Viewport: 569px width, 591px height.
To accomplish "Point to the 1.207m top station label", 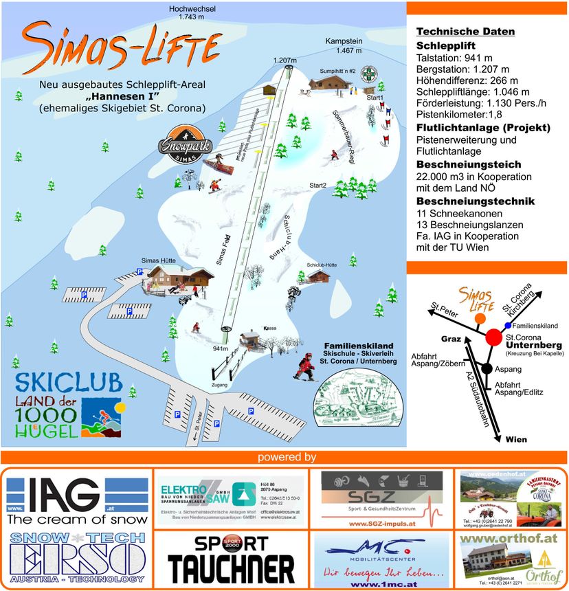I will (284, 60).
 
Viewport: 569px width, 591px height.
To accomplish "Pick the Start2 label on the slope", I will (317, 186).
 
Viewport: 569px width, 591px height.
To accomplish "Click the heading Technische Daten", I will (465, 32).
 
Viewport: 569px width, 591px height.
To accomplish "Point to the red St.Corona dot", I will (493, 337).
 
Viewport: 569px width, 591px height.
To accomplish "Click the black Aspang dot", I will (486, 368).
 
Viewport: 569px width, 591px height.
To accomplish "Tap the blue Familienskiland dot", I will (508, 325).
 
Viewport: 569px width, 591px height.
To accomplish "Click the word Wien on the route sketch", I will (516, 439).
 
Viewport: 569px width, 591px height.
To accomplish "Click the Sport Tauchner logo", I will (231, 561).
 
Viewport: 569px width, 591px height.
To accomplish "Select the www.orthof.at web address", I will (508, 539).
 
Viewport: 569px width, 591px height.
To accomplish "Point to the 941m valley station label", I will (220, 348).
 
